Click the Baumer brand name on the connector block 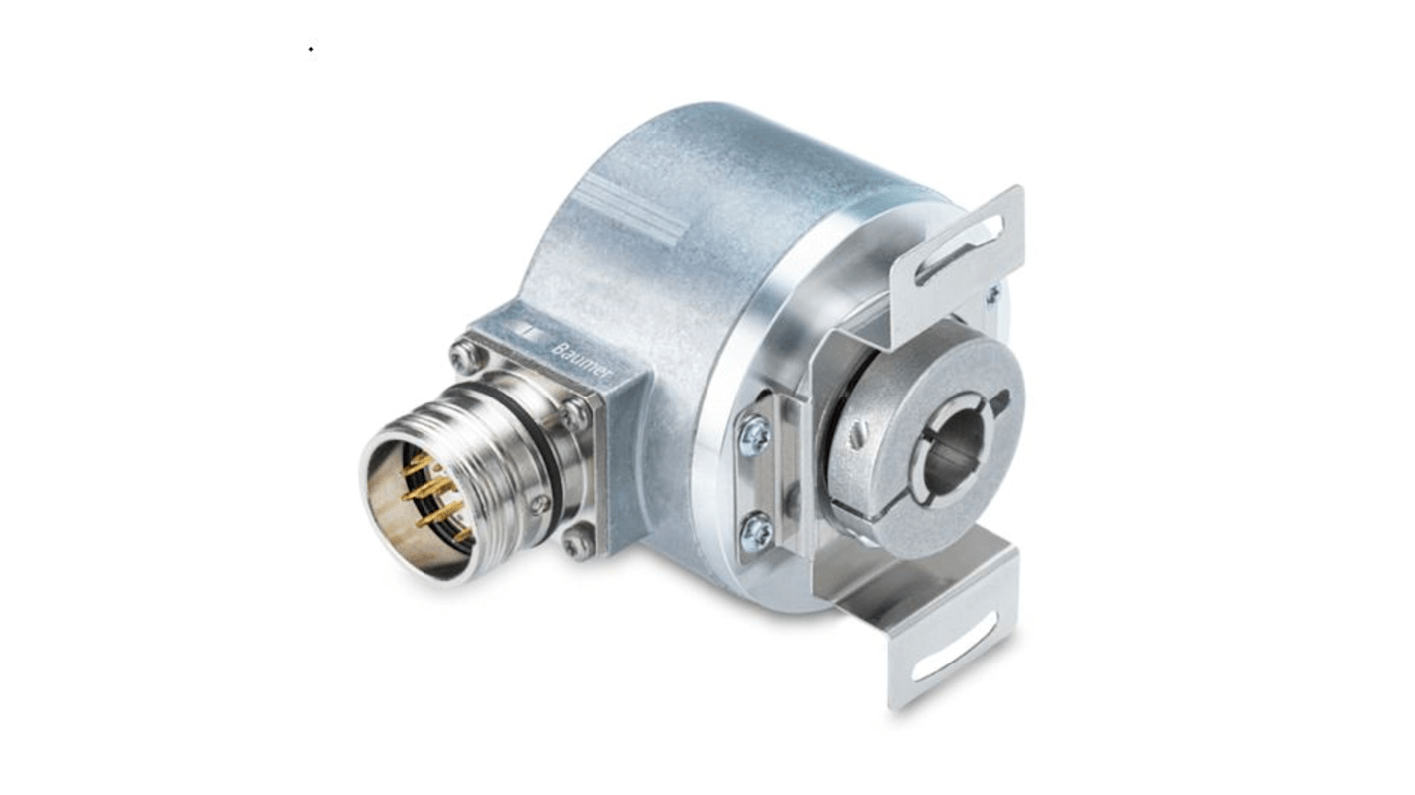[x=582, y=360]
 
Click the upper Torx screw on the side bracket [x=754, y=435]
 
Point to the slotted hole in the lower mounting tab [x=954, y=658]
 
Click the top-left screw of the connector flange [x=463, y=354]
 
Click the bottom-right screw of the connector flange [x=576, y=544]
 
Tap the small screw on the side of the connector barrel [x=539, y=504]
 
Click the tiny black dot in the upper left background [x=310, y=48]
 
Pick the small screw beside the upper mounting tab [x=993, y=294]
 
